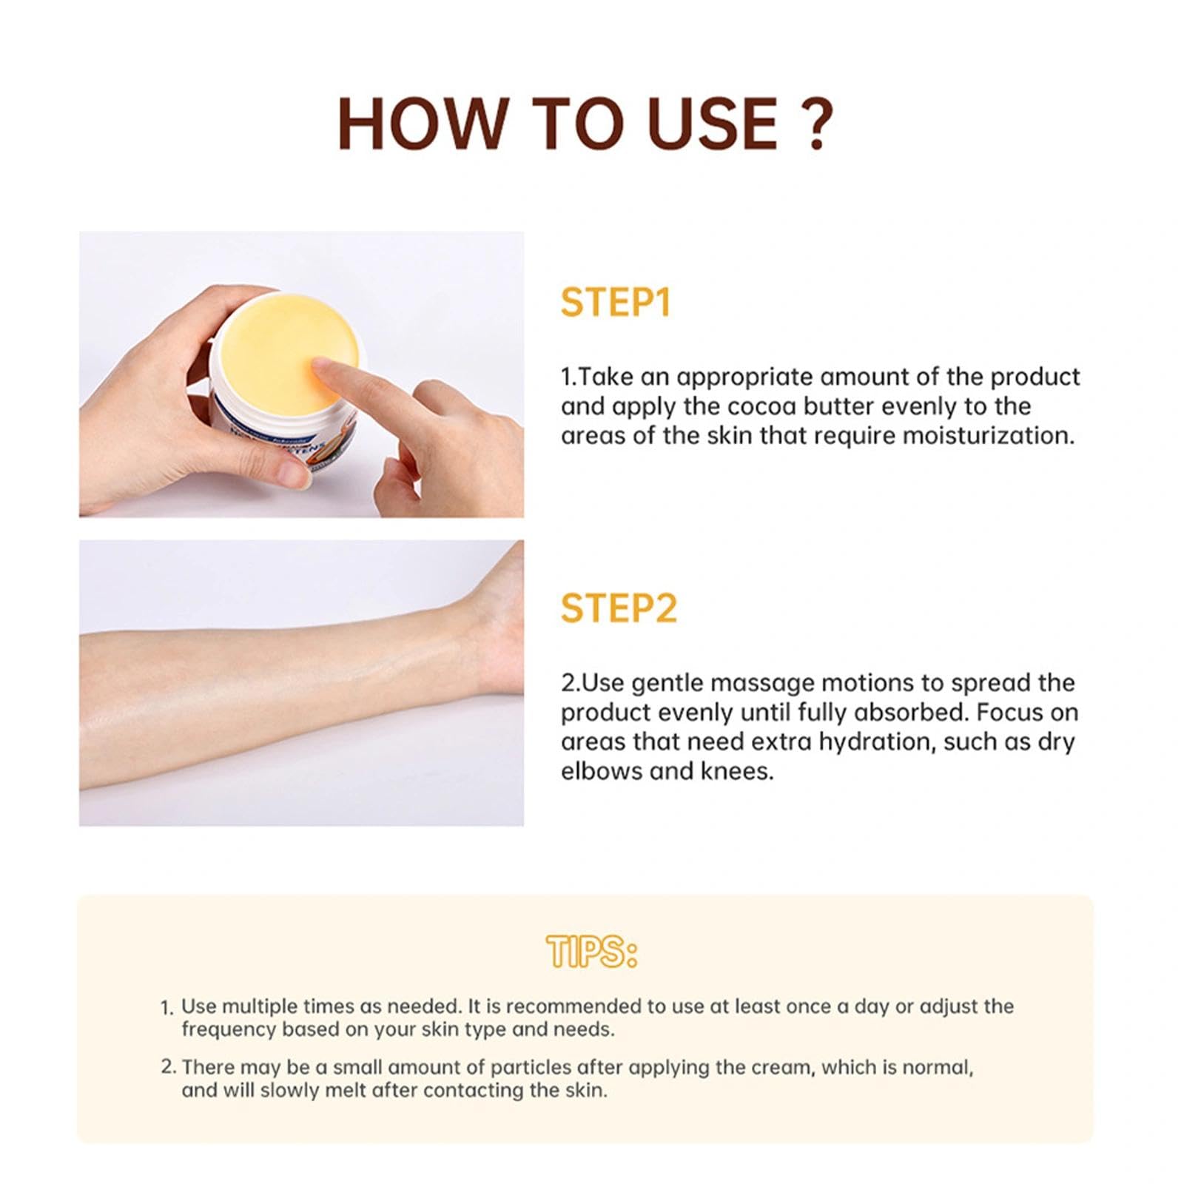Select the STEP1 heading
click(x=615, y=302)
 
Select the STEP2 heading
click(x=619, y=608)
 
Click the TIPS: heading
click(x=591, y=952)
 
